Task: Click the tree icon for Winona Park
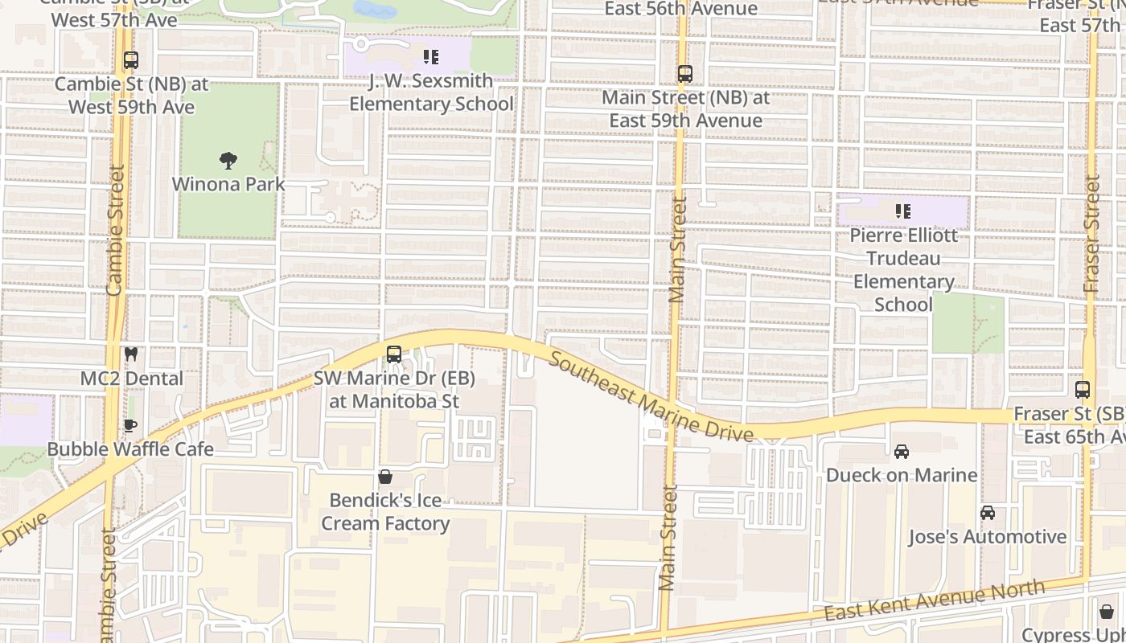tap(228, 161)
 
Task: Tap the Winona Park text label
tap(228, 184)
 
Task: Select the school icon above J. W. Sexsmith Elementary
tap(430, 57)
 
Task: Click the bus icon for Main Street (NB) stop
tap(684, 74)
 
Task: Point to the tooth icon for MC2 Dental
tap(130, 354)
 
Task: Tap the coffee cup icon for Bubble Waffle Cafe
tap(130, 425)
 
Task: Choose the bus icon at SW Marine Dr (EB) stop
tap(393, 354)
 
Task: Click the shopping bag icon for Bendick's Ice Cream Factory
tap(385, 477)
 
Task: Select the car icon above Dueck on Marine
tap(902, 452)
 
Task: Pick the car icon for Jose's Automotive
tap(987, 513)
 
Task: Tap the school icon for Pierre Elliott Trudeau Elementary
tap(902, 211)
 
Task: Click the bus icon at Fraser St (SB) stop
tap(1083, 390)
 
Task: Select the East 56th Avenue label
tap(681, 9)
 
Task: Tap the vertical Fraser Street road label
tap(1091, 233)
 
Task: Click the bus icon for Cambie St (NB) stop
tap(130, 60)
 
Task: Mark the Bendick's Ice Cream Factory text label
tap(385, 512)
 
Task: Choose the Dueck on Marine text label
tap(902, 475)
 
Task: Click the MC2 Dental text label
tap(132, 378)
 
